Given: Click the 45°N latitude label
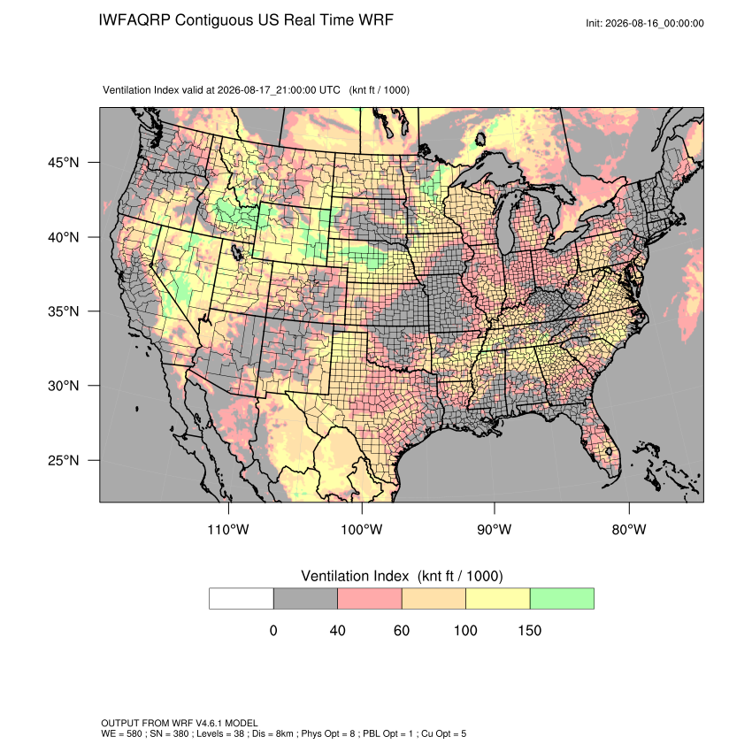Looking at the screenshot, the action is click(64, 163).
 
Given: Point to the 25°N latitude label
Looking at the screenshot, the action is click(64, 460).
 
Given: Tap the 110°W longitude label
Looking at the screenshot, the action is click(228, 529).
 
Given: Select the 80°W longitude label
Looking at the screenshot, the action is click(629, 529).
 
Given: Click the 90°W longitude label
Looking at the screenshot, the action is click(494, 529).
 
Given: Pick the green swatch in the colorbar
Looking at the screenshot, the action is click(562, 599).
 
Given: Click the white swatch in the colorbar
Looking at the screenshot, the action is click(242, 599).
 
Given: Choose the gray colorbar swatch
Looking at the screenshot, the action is click(305, 599).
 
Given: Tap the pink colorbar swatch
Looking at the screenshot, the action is click(370, 599).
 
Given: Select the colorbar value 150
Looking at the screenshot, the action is click(529, 630).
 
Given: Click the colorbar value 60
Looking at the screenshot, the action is click(402, 630).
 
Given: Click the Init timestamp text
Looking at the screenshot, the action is click(645, 23).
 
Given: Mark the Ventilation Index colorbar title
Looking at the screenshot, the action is click(402, 576).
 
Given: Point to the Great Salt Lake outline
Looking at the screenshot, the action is click(236, 251).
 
